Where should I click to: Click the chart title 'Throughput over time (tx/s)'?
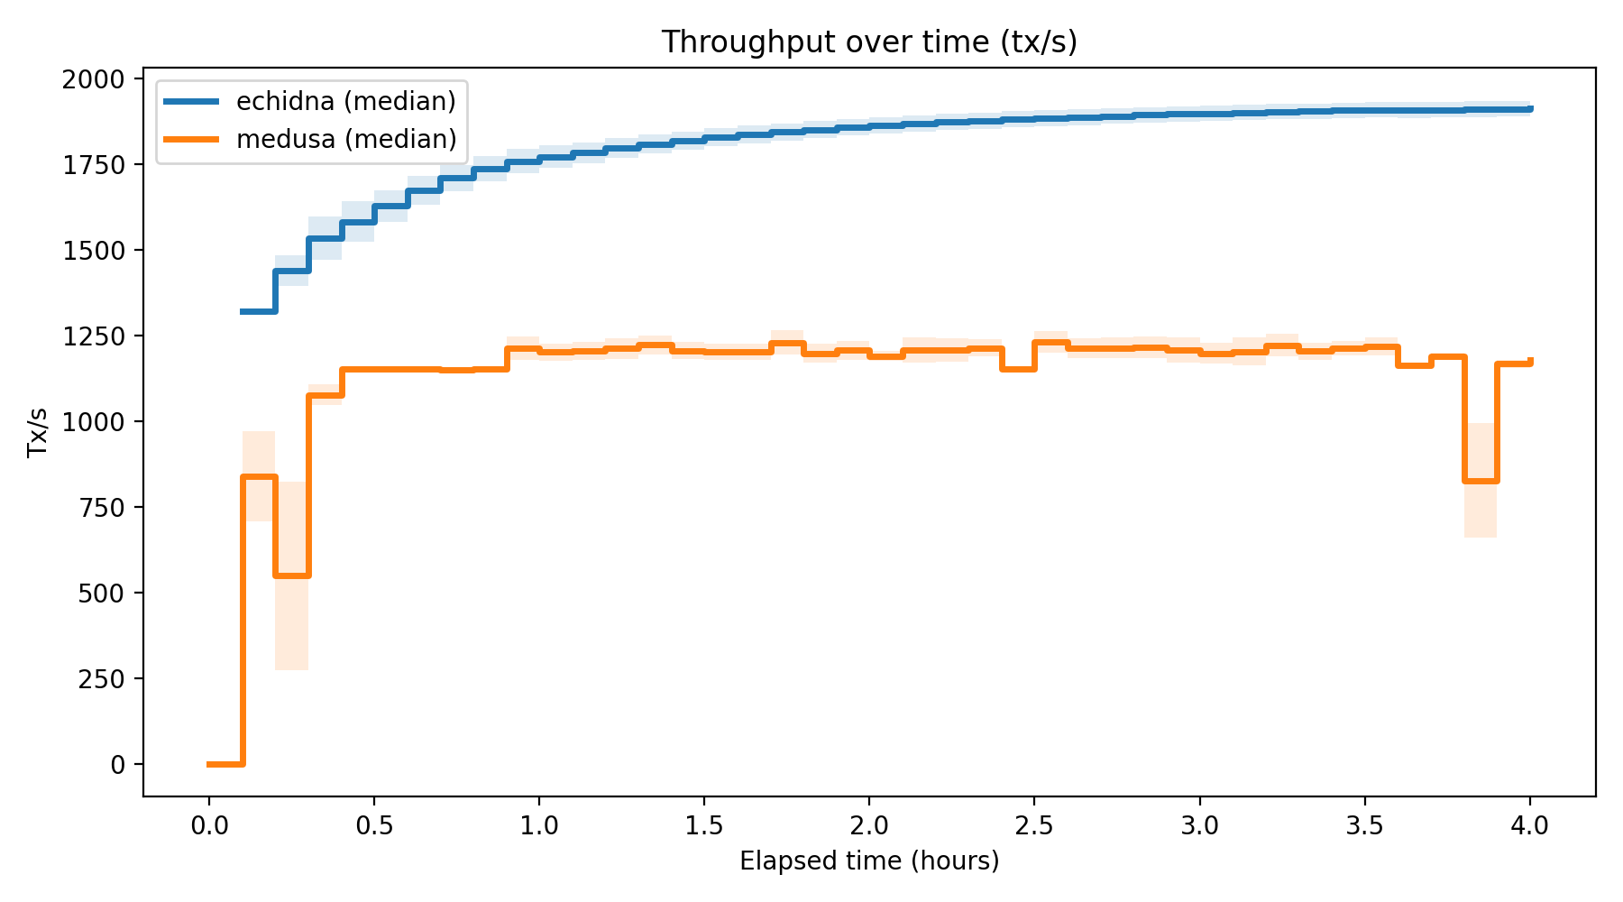[x=869, y=42]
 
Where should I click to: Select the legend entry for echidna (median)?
[x=345, y=101]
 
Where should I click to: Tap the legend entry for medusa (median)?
[x=345, y=139]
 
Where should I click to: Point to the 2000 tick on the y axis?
[x=95, y=79]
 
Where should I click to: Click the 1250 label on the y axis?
[x=95, y=336]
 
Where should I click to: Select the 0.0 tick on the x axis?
[x=208, y=825]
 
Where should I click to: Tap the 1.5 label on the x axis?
[x=704, y=825]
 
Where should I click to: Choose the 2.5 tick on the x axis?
[x=1034, y=825]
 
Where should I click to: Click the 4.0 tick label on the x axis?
[x=1530, y=825]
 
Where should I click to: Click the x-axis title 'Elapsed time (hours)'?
[x=869, y=861]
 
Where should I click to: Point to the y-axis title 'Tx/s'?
[x=38, y=432]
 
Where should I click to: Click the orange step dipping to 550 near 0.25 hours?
[x=292, y=575]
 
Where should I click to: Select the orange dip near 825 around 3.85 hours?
[x=1481, y=481]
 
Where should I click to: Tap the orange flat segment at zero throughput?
[x=225, y=764]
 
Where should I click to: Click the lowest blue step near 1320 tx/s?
[x=259, y=311]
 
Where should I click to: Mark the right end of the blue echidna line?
[x=1529, y=109]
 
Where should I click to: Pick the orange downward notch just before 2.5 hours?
[x=1018, y=369]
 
